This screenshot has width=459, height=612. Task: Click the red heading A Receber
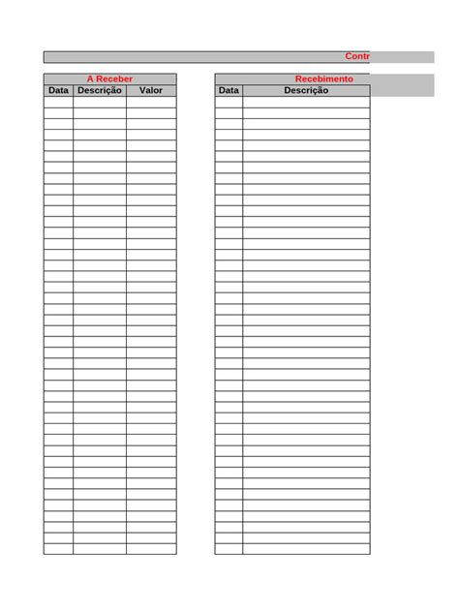109,78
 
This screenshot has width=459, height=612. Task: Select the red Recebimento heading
323,78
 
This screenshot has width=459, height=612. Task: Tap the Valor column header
151,90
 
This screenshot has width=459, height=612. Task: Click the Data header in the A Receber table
58,90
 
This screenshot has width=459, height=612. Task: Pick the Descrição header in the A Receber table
99,90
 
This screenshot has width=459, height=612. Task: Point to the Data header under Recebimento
229,90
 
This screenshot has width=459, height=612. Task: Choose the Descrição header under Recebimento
306,90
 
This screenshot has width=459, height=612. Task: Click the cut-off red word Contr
356,56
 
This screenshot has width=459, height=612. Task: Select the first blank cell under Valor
151,102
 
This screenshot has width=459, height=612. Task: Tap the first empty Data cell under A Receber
58,102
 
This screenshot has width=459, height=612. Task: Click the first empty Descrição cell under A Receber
99,102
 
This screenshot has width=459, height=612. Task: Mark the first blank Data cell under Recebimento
229,102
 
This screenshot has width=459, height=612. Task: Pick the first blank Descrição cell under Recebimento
306,102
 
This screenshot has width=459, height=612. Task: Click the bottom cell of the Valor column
151,549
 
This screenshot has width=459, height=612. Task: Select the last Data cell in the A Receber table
58,549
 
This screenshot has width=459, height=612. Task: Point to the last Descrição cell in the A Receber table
99,549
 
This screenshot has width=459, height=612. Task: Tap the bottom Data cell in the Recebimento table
229,549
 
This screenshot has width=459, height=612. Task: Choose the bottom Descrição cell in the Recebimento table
306,549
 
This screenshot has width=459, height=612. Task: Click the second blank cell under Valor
151,112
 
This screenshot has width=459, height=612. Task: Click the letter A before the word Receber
91,78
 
